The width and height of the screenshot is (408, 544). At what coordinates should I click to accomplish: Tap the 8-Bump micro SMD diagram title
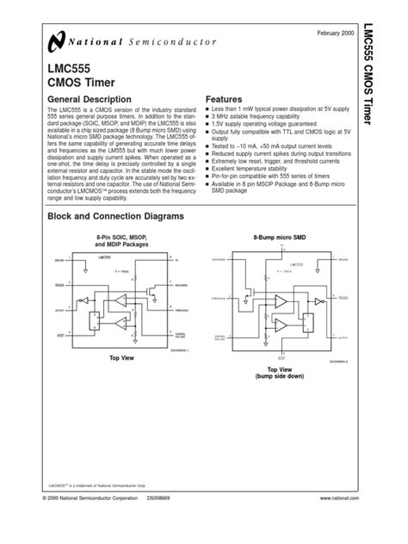277,236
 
